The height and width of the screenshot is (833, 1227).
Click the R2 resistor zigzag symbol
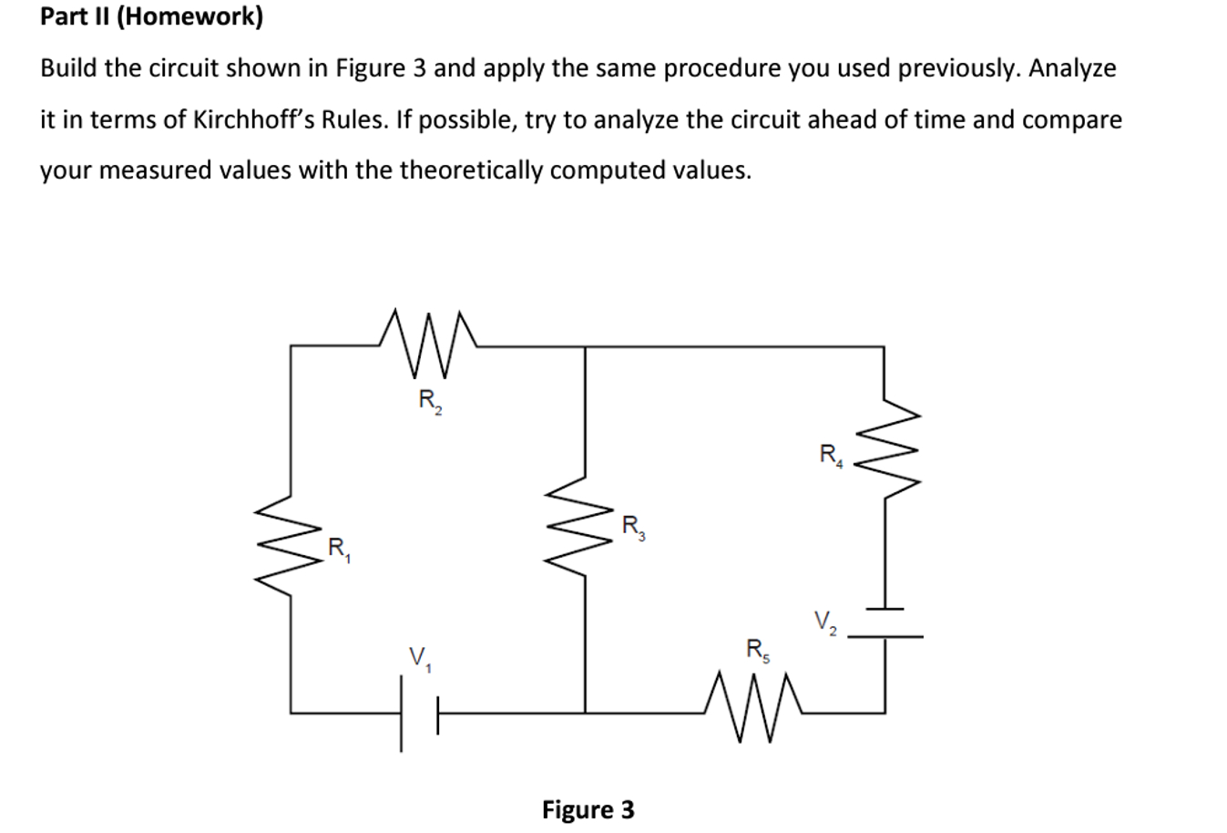click(x=428, y=344)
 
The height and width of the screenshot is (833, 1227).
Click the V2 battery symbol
click(x=884, y=622)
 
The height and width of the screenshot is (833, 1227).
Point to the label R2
click(x=429, y=401)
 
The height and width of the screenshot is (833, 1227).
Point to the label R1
click(x=338, y=550)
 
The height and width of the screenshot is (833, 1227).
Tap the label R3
click(x=633, y=528)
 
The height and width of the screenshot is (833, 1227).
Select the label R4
click(x=831, y=455)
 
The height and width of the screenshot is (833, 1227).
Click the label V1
click(x=420, y=659)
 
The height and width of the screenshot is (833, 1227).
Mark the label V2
click(x=826, y=623)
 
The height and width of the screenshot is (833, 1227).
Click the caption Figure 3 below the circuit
click(x=588, y=809)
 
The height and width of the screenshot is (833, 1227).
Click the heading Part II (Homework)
click(x=151, y=16)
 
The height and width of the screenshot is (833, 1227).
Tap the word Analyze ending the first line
click(x=1071, y=68)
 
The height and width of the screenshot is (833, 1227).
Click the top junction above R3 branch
click(x=584, y=345)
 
